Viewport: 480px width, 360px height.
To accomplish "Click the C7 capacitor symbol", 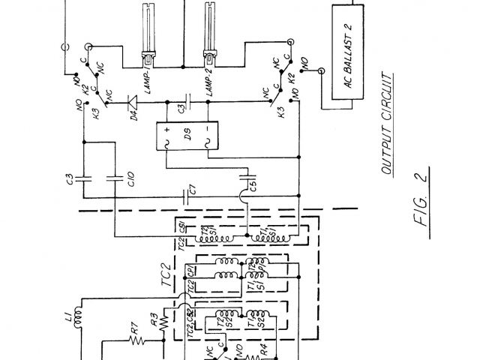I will click(184, 196).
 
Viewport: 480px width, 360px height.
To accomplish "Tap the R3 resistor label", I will click(154, 321).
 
